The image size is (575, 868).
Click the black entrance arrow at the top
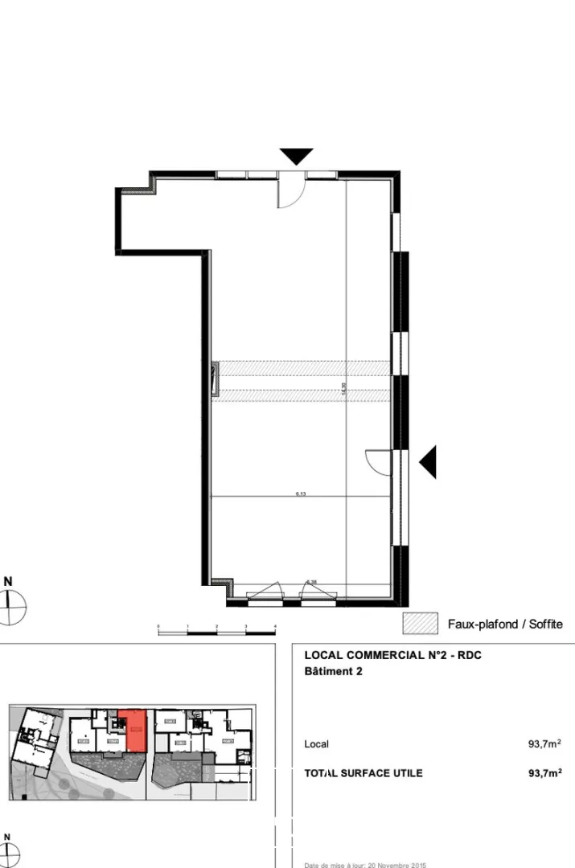click(x=296, y=156)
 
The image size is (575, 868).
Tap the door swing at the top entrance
click(x=290, y=193)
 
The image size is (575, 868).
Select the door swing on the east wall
click(x=378, y=462)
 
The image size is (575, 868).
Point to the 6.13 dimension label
click(x=301, y=493)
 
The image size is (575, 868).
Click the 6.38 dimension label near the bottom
click(x=311, y=582)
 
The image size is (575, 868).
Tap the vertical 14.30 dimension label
click(x=344, y=388)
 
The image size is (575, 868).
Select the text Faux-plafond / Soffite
click(x=504, y=624)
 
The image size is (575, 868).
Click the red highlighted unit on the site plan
click(x=133, y=731)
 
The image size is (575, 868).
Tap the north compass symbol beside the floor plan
click(x=10, y=604)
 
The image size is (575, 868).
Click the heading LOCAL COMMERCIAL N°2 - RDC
click(x=393, y=655)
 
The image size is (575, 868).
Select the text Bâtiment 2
click(x=333, y=672)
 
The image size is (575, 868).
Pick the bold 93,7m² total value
click(x=544, y=773)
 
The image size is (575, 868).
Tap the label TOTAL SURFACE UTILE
click(x=363, y=773)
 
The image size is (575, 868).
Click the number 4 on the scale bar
click(x=275, y=625)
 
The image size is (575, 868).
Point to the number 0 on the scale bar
click(x=158, y=625)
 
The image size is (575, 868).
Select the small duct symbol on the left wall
click(x=214, y=380)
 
